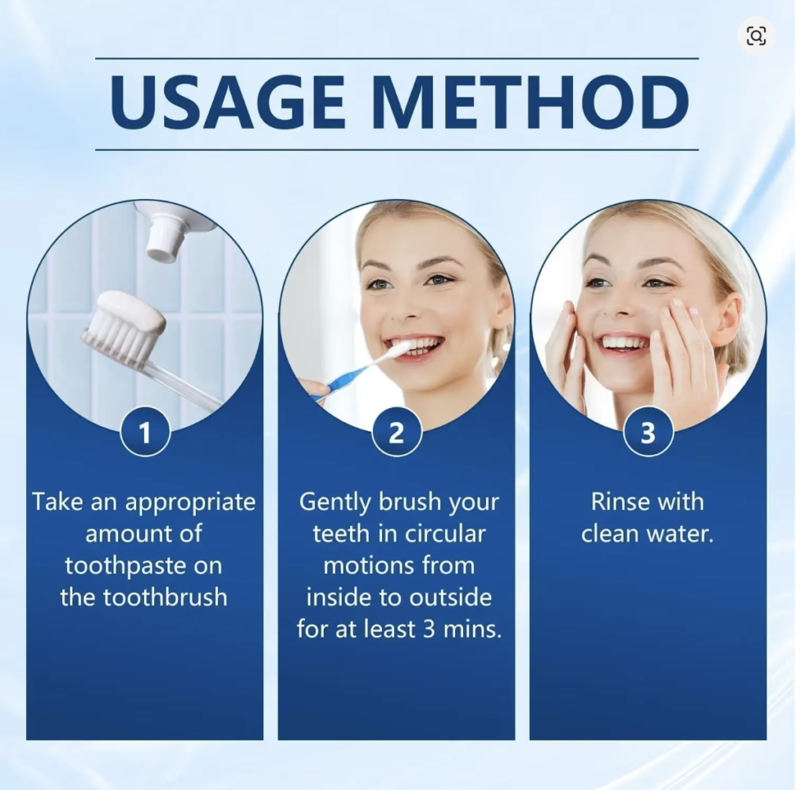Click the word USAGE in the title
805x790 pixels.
click(227, 102)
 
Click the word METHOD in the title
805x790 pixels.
click(534, 102)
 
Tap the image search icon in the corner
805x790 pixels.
click(755, 36)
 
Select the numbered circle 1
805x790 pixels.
click(145, 432)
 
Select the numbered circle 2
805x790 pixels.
click(396, 432)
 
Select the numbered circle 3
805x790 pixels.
click(648, 432)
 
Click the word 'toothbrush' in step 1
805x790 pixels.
click(165, 597)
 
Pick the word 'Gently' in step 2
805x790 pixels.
click(335, 503)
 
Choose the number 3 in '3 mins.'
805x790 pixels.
click(429, 630)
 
